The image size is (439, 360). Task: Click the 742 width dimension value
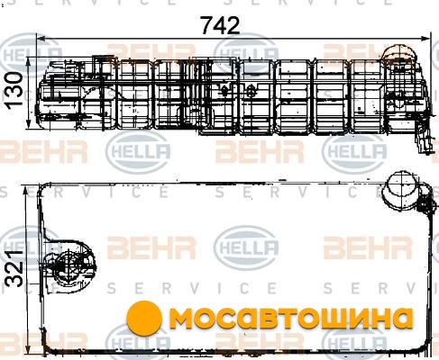(x=221, y=25)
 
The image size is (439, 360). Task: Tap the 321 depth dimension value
(x=14, y=267)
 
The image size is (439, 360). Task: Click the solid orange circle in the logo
(x=144, y=318)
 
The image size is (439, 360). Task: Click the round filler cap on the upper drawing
(x=399, y=55)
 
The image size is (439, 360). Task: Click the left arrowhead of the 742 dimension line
(x=41, y=39)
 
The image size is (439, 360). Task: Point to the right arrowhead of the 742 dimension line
(x=425, y=39)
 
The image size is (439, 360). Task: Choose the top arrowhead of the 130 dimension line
(x=29, y=62)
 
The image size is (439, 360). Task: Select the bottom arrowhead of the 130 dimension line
(x=29, y=124)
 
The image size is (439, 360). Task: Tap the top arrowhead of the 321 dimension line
(x=26, y=191)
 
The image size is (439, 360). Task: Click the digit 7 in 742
(x=207, y=25)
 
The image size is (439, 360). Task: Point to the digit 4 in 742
(x=221, y=25)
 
